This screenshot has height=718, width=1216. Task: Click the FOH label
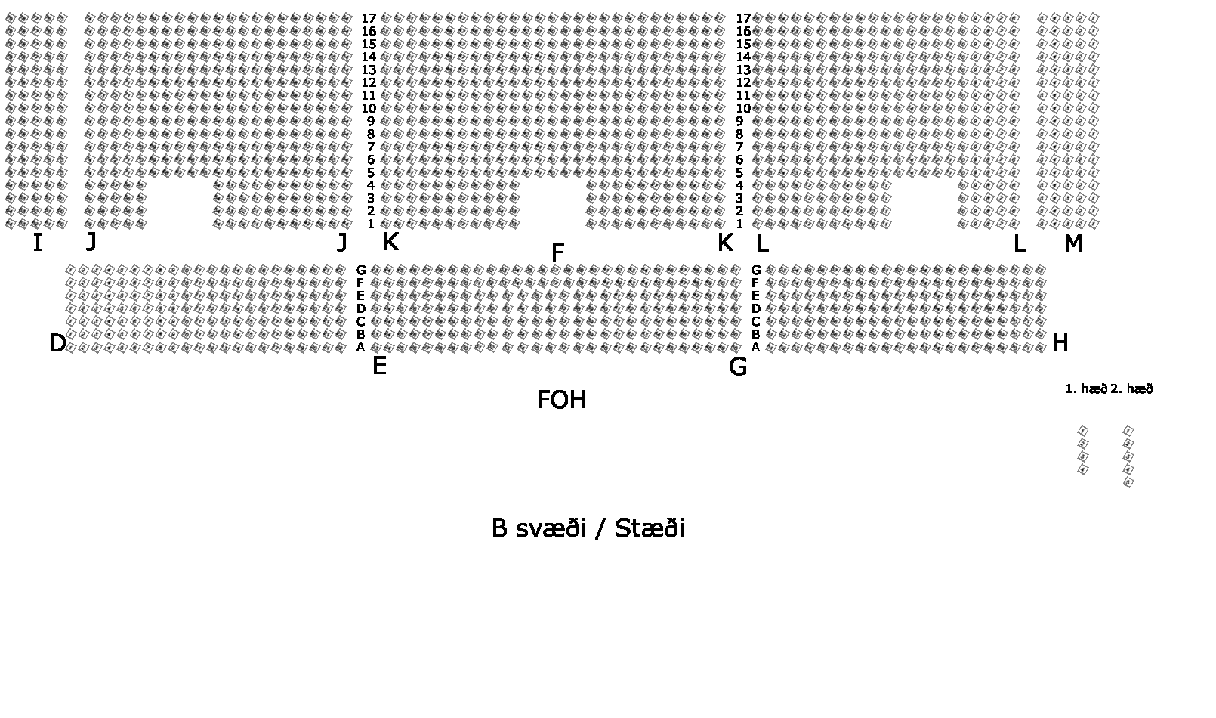click(561, 400)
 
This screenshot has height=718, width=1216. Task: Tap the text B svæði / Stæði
click(588, 528)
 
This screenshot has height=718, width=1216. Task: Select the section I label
click(37, 243)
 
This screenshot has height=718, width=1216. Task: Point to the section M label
click(1072, 243)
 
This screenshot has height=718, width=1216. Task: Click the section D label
click(57, 344)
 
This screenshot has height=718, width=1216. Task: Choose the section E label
click(379, 367)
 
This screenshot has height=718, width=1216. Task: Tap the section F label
click(557, 253)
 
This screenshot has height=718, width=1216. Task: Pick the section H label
click(1060, 344)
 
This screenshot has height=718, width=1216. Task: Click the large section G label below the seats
click(738, 367)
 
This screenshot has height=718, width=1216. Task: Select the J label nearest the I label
click(91, 242)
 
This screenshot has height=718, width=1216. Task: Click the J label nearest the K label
click(342, 243)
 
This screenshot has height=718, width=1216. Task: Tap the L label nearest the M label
click(1019, 244)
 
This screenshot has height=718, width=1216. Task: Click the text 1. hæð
click(1085, 389)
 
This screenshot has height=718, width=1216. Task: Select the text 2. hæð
click(1131, 389)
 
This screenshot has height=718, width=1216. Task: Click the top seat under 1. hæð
click(1084, 431)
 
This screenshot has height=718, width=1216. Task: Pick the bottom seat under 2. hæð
click(1128, 482)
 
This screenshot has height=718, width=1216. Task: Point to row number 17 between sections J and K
click(369, 19)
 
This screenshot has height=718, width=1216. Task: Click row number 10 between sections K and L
click(742, 109)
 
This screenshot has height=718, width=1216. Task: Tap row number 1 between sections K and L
click(739, 224)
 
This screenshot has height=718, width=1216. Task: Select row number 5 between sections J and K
click(371, 173)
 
